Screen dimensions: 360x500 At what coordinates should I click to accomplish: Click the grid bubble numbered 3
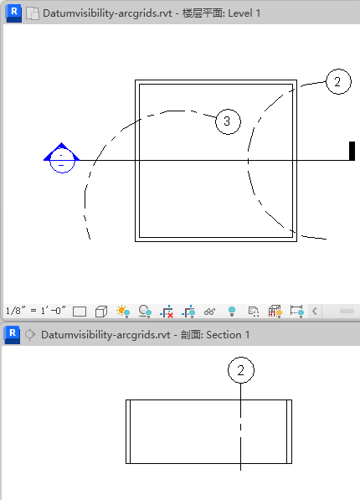pyautogui.click(x=228, y=121)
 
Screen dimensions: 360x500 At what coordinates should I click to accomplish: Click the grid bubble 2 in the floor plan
pyautogui.click(x=338, y=81)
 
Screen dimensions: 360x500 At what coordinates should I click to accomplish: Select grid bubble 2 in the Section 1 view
pyautogui.click(x=241, y=370)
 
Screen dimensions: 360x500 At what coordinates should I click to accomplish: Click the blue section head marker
pyautogui.click(x=62, y=157)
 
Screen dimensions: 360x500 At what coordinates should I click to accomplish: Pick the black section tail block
pyautogui.click(x=352, y=151)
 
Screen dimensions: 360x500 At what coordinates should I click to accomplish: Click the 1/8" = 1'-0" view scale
pyautogui.click(x=36, y=311)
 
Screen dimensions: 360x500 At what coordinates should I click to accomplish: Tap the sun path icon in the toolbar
pyautogui.click(x=123, y=312)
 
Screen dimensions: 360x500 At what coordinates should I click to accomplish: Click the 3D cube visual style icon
pyautogui.click(x=101, y=312)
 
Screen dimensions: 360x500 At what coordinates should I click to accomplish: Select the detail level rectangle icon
pyautogui.click(x=80, y=312)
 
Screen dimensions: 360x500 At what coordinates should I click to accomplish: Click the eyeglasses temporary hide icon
pyautogui.click(x=209, y=312)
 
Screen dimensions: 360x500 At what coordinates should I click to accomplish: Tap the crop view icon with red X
pyautogui.click(x=167, y=312)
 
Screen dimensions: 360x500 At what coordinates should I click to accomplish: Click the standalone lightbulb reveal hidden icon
pyautogui.click(x=232, y=312)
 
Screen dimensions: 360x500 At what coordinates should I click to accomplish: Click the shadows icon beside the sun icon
pyautogui.click(x=145, y=312)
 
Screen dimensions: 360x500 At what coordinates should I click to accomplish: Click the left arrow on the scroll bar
pyautogui.click(x=315, y=311)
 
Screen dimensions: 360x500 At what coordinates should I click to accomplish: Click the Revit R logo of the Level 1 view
pyautogui.click(x=13, y=13)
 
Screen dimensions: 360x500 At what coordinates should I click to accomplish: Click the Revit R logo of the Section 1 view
pyautogui.click(x=13, y=335)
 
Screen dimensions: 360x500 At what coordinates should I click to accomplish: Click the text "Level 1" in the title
pyautogui.click(x=244, y=13)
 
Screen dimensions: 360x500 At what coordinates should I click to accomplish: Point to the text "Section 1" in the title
pyautogui.click(x=228, y=335)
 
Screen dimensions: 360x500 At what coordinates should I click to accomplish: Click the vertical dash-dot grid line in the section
pyautogui.click(x=241, y=426)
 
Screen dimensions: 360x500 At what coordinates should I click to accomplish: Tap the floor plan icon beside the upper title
pyautogui.click(x=33, y=13)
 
